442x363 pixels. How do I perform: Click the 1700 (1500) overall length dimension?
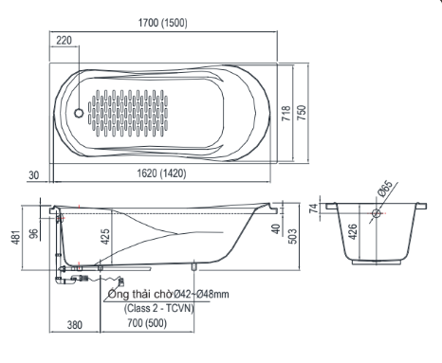coord(163,23)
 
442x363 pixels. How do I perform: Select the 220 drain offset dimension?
coord(64,41)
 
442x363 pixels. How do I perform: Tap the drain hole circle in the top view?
coord(79,113)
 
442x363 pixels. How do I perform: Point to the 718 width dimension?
coord(285,113)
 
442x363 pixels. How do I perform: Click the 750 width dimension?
coord(302,113)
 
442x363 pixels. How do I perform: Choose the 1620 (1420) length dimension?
coord(161,173)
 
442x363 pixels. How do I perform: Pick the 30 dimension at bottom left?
coord(34,175)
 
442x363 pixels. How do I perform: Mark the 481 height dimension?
coord(16,237)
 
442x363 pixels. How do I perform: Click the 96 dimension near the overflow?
coord(34,233)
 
